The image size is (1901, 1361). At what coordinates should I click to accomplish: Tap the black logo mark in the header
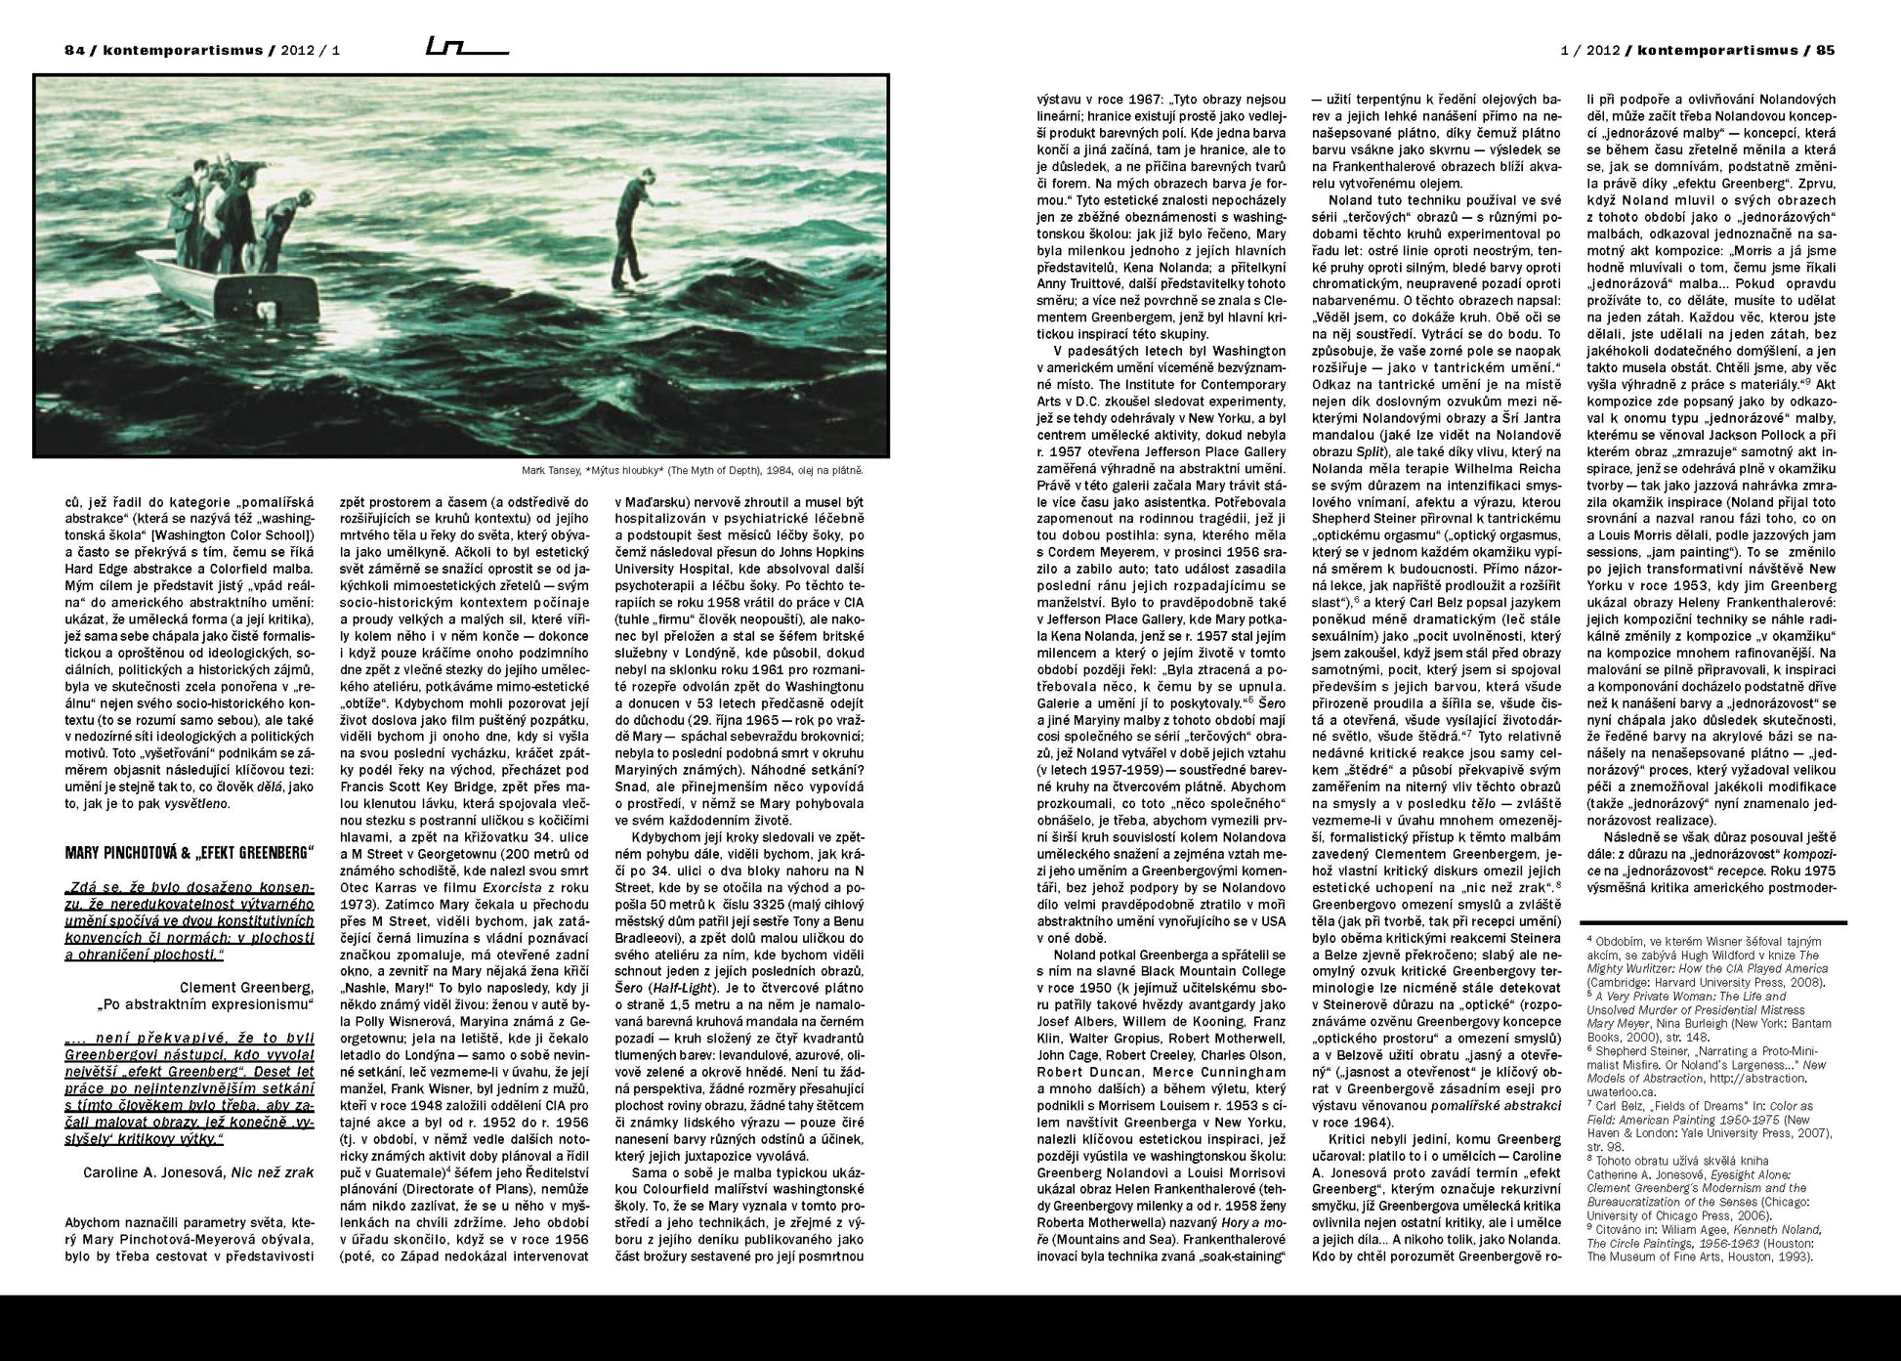(x=467, y=46)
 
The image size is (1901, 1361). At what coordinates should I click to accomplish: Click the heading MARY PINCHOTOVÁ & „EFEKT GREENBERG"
(x=190, y=852)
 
